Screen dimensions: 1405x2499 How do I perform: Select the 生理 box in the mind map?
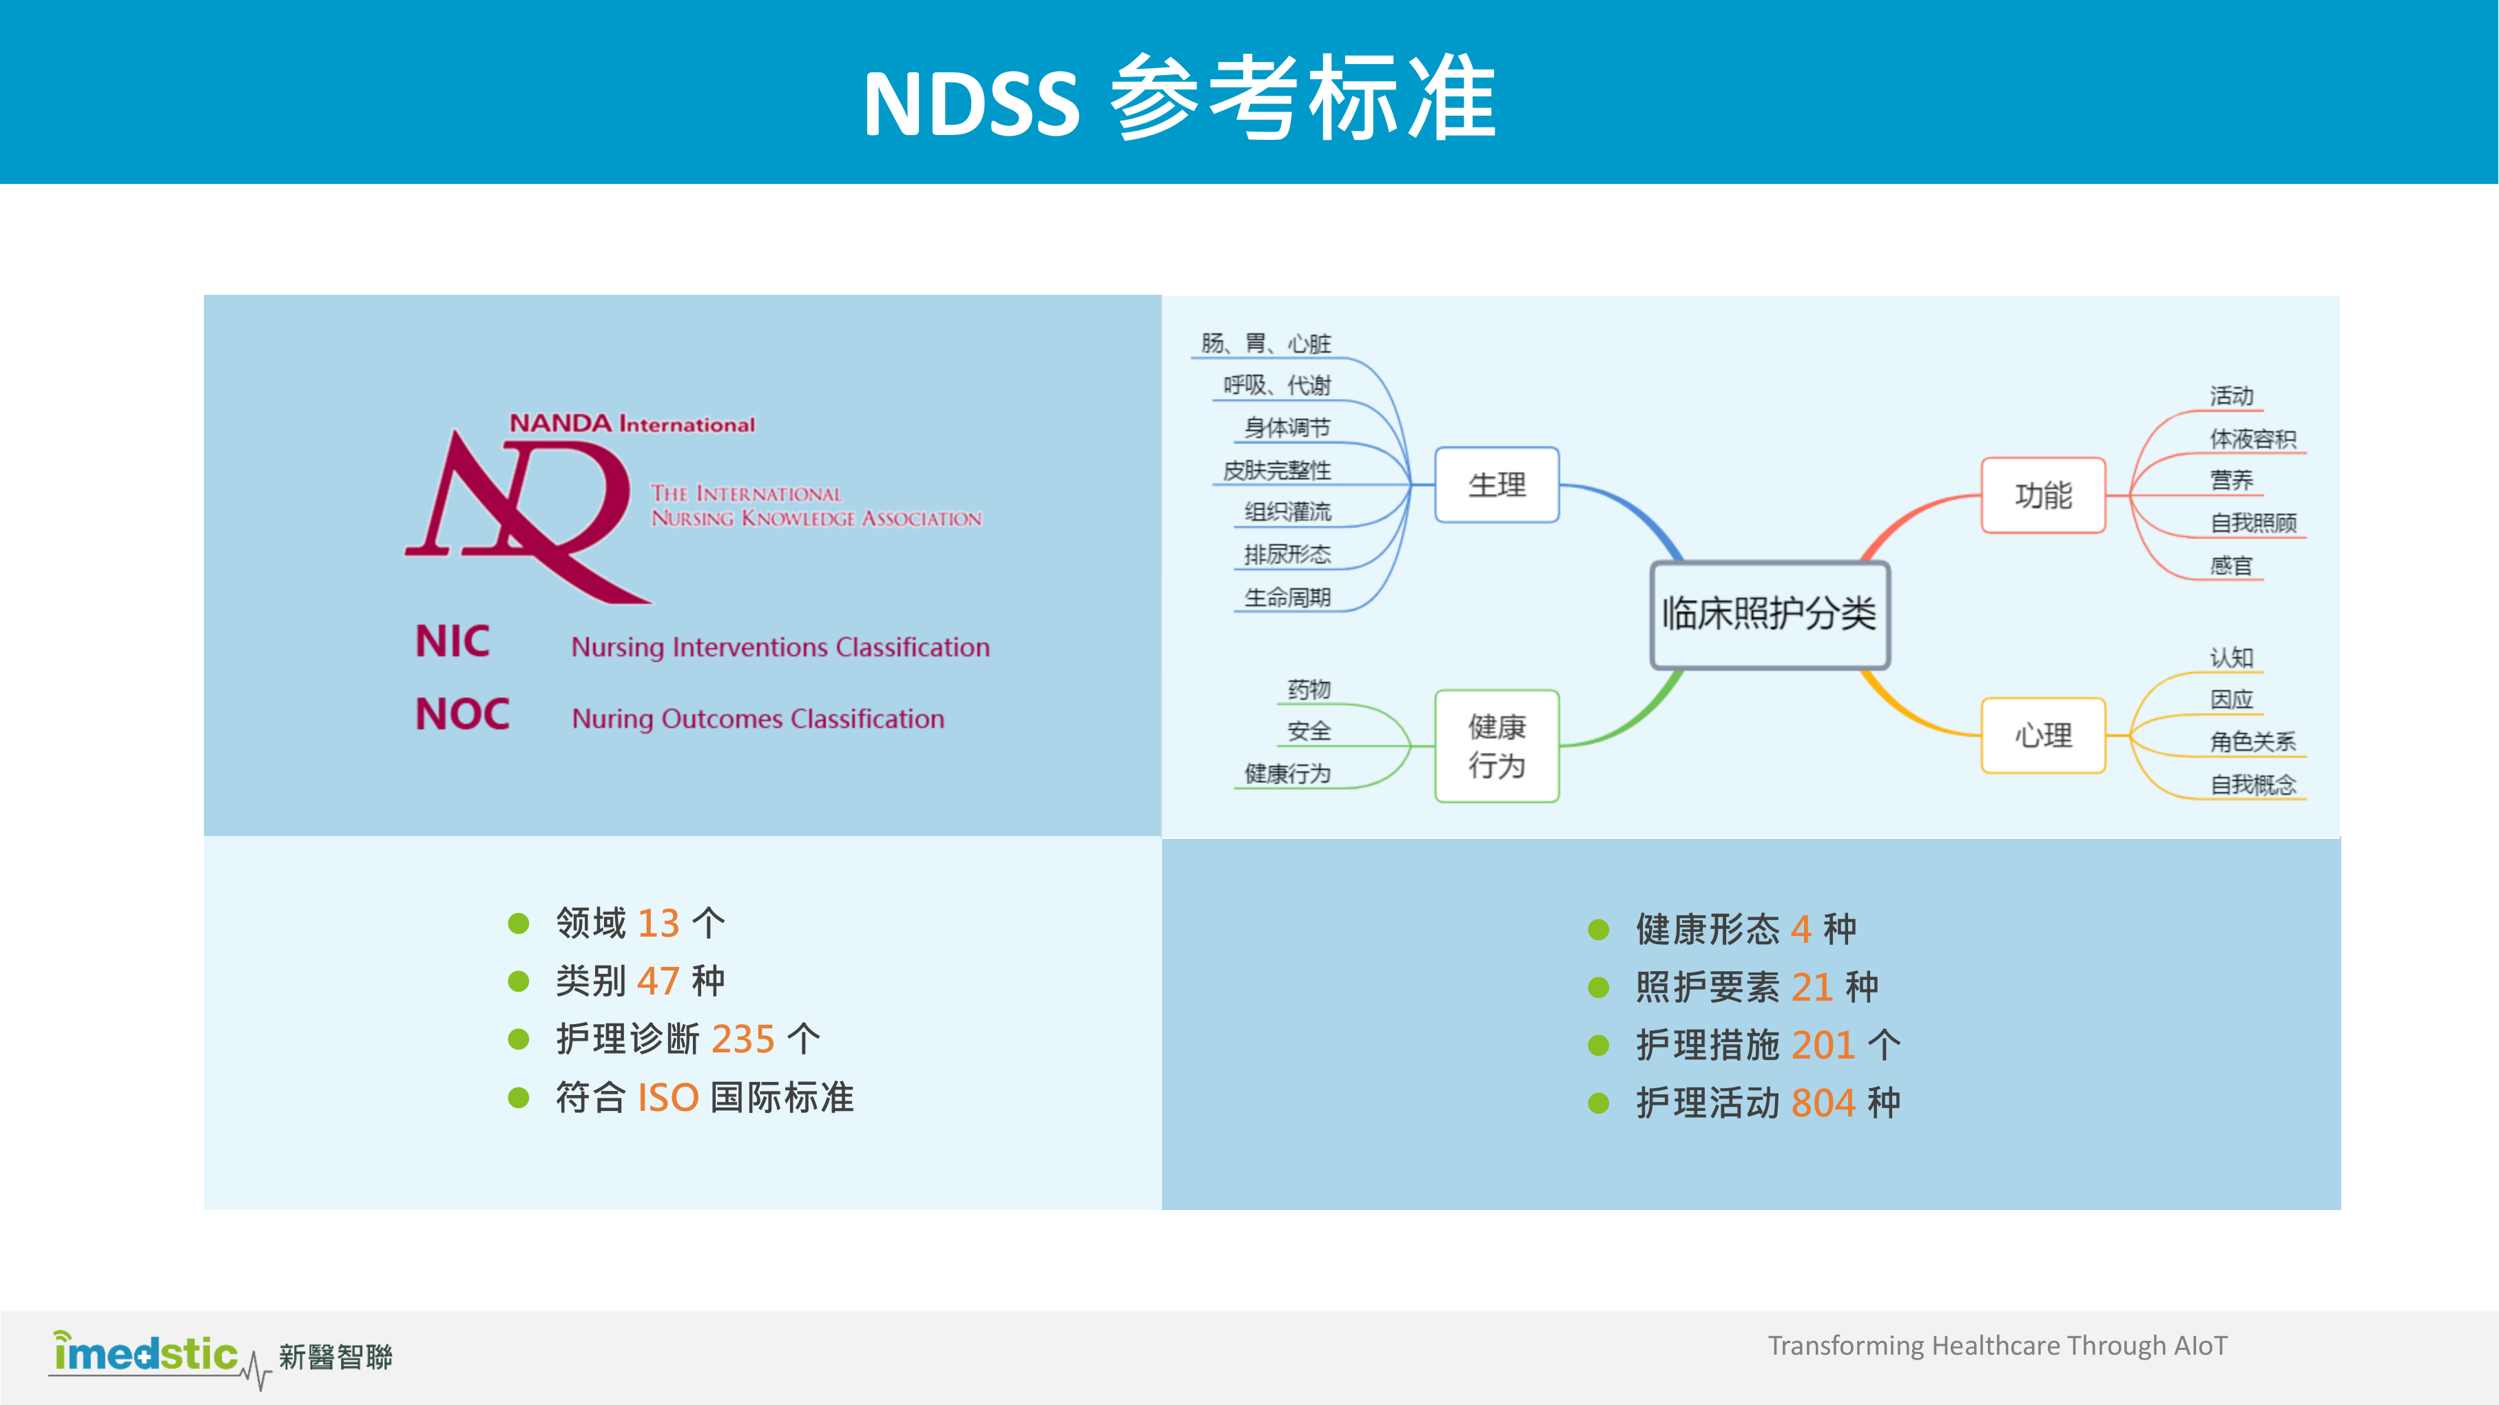click(1497, 484)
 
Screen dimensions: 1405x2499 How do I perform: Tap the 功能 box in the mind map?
click(2043, 495)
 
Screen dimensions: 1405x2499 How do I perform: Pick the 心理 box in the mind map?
click(2043, 736)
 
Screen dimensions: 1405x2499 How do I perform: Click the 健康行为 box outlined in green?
click(1497, 746)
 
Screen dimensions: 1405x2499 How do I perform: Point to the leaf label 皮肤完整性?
click(1276, 470)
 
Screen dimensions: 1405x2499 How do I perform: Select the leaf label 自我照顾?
click(2252, 523)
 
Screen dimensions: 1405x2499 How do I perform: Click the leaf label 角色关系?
click(2252, 742)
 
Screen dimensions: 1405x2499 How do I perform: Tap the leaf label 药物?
click(1309, 689)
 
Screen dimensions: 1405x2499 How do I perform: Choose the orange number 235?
click(743, 1039)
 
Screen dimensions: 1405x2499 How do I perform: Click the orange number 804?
click(1823, 1103)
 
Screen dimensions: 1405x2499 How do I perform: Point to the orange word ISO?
click(667, 1097)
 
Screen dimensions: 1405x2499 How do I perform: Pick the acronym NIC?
click(452, 641)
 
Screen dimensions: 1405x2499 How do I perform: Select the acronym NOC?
click(462, 714)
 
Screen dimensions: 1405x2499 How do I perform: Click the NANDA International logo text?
click(632, 424)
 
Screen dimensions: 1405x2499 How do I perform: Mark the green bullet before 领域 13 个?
click(519, 923)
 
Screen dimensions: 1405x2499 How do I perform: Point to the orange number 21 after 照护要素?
click(1811, 987)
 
